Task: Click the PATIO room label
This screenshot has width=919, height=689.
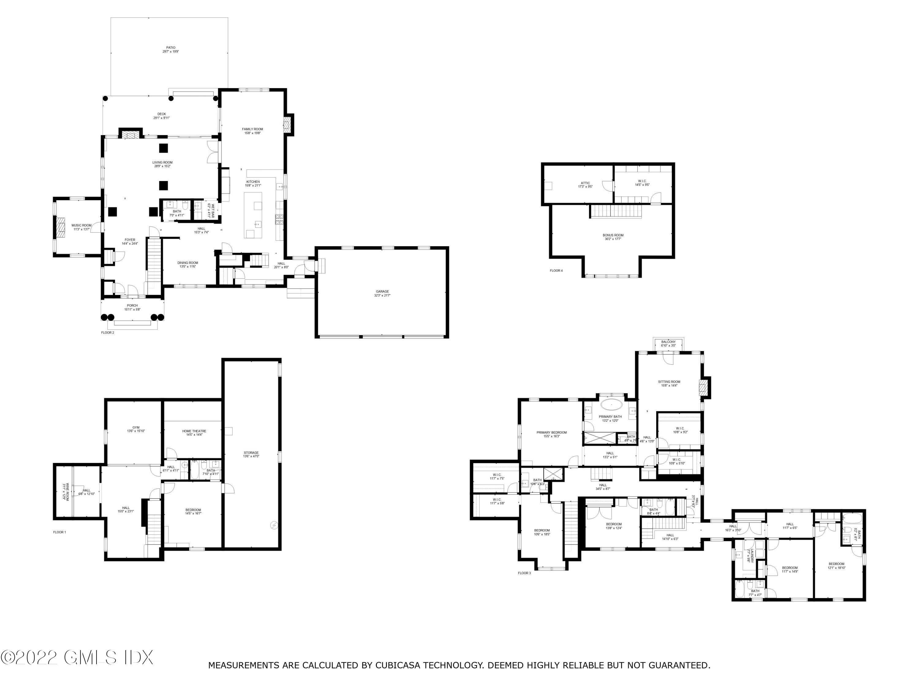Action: click(x=171, y=48)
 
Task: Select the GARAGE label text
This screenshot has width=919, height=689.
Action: click(x=382, y=292)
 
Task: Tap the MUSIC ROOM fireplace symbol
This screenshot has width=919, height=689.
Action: click(x=61, y=227)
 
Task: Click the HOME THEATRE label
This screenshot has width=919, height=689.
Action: click(x=194, y=431)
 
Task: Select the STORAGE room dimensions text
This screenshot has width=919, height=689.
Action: click(x=251, y=457)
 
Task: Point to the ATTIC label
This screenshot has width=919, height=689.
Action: click(x=585, y=183)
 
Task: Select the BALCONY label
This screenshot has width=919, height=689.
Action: click(x=668, y=342)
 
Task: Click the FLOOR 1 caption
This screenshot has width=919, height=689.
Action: click(x=59, y=532)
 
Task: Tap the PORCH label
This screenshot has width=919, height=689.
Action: click(x=132, y=306)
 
